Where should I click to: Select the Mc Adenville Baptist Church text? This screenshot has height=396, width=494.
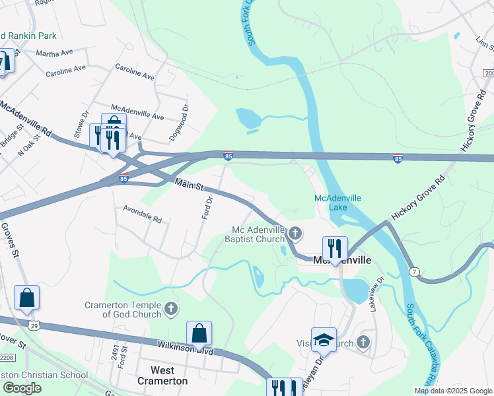coord(257,234)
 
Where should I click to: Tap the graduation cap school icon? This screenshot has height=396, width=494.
coord(324,340)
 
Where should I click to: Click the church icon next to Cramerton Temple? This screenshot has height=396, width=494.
coord(170,308)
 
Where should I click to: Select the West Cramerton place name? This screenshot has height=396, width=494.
coord(162,376)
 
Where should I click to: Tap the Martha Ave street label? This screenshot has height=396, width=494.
coord(54,53)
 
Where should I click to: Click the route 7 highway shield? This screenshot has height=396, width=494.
coord(414,271)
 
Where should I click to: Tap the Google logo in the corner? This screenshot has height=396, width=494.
coord(22,388)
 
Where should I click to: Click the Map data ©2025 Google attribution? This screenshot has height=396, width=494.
coord(452,391)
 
